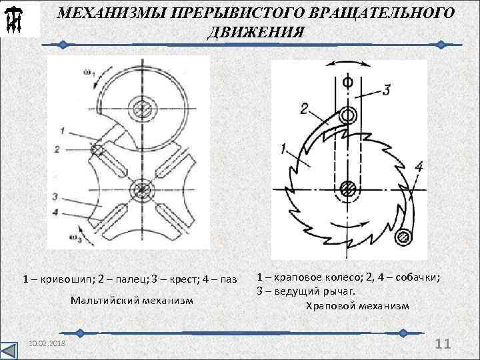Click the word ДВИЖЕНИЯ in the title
coord(256,33)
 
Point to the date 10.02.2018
coord(47,343)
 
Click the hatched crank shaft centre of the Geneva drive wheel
coord(142,106)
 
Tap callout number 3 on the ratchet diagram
coord(387,90)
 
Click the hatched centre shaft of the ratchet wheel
coord(347,187)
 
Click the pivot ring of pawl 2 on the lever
coord(345,115)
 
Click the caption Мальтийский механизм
coord(131,301)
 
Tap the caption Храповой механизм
coord(357,306)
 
